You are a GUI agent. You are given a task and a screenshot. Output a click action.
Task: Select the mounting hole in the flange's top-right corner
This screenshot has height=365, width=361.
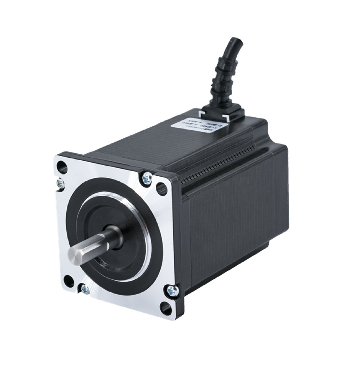coord(162,188)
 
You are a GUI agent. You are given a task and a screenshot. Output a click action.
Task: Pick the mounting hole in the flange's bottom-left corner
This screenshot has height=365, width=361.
coord(69,281)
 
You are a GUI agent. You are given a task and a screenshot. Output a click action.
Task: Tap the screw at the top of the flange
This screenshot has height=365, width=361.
coord(147,178)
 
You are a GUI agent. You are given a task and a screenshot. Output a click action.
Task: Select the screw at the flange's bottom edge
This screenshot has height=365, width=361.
coord(85,289)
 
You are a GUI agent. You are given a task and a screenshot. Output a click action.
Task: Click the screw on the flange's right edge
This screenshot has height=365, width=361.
coord(172,291)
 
